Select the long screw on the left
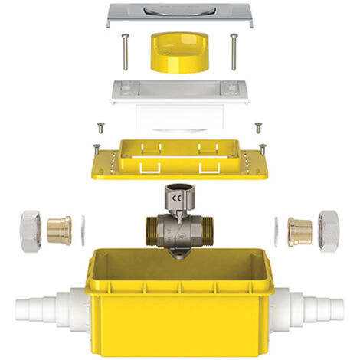[x=123, y=53]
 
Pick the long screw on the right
[x=233, y=53]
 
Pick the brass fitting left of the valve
[x=60, y=227]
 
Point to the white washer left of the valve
[x=82, y=227]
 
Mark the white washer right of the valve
[x=275, y=227]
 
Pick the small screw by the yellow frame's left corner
[x=97, y=148]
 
